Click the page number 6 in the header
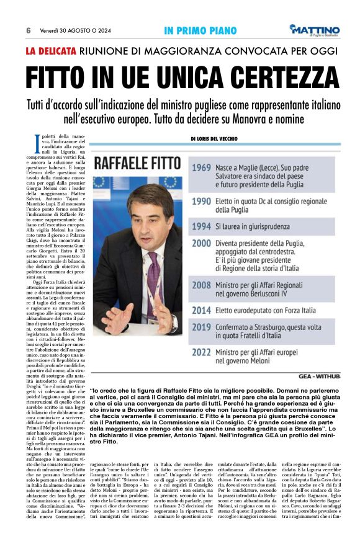(x=29, y=30)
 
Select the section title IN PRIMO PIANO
(x=200, y=30)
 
